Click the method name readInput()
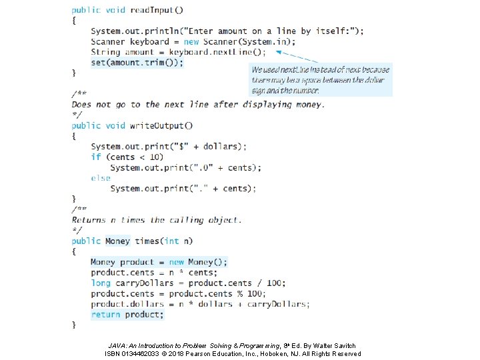coord(157,10)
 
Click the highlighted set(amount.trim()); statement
coord(137,63)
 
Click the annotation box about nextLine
coord(321,80)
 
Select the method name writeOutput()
coord(162,125)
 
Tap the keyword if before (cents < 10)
coord(96,157)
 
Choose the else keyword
coord(101,178)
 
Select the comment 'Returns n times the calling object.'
coord(157,220)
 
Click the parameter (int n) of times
coord(179,241)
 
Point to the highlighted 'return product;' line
coord(127,315)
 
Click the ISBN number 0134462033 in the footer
coord(149,353)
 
